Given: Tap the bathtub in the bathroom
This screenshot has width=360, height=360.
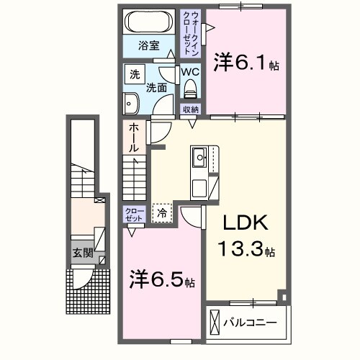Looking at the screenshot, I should [148, 22].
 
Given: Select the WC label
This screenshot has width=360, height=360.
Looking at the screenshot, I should [190, 73].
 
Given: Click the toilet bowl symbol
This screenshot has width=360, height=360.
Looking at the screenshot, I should [191, 89].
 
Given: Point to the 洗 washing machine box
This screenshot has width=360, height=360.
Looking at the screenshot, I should [135, 73].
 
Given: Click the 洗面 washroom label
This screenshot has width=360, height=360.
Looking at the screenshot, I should [156, 88].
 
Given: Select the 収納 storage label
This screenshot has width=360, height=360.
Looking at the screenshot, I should [190, 109].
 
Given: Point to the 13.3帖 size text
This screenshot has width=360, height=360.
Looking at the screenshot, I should [246, 251].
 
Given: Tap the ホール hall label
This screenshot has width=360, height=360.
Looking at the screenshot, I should [134, 138].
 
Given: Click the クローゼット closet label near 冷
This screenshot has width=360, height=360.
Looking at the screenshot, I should [134, 215].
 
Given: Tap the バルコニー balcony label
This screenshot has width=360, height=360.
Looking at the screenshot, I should [249, 322].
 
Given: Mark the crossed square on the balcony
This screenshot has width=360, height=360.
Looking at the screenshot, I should [215, 321].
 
